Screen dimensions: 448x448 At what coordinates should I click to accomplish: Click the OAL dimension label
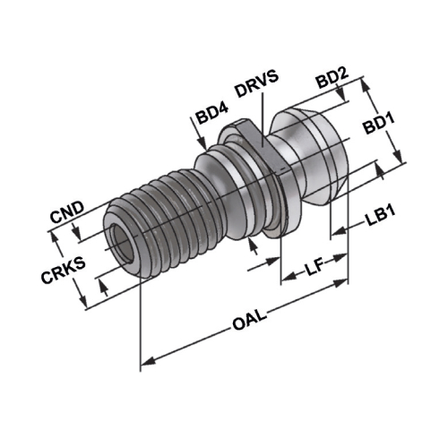(250, 320)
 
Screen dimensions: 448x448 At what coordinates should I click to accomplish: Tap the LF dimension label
(314, 266)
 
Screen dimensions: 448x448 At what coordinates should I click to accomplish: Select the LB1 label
(380, 216)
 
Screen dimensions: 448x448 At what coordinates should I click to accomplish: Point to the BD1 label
(379, 124)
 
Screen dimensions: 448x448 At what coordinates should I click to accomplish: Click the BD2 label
(332, 78)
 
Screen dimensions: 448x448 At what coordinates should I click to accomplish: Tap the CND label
(67, 212)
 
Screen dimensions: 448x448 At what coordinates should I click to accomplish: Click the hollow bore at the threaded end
(123, 245)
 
